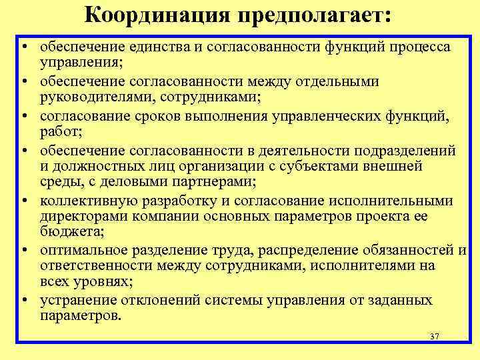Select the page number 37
coord(435,337)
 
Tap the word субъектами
coord(330,167)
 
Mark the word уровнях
coord(97,283)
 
